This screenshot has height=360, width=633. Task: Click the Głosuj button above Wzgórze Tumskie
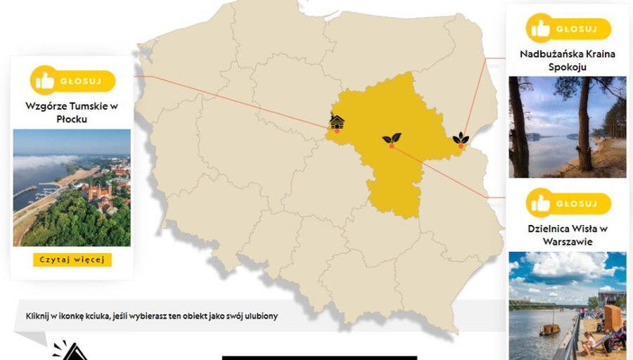point(72,80)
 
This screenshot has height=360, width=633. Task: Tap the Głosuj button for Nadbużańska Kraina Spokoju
point(568,29)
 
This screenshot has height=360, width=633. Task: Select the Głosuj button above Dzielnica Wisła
point(568,203)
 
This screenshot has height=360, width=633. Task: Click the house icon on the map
point(338,122)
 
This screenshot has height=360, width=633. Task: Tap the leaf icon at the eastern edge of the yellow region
point(461,138)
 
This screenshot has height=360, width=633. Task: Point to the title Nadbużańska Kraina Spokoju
point(567,60)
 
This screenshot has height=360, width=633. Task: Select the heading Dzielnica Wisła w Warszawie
point(567,234)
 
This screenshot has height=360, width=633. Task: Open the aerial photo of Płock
point(72,187)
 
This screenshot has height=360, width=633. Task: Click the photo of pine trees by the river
point(567,127)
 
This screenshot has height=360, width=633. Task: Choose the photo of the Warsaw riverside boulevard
point(567,306)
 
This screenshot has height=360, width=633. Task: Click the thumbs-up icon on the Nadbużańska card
point(541,29)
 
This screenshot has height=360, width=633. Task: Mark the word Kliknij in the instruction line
point(39,316)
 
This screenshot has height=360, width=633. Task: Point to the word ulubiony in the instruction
point(259,316)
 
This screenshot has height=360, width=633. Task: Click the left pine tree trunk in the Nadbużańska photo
point(519,127)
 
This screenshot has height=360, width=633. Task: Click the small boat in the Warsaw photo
point(549,328)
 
